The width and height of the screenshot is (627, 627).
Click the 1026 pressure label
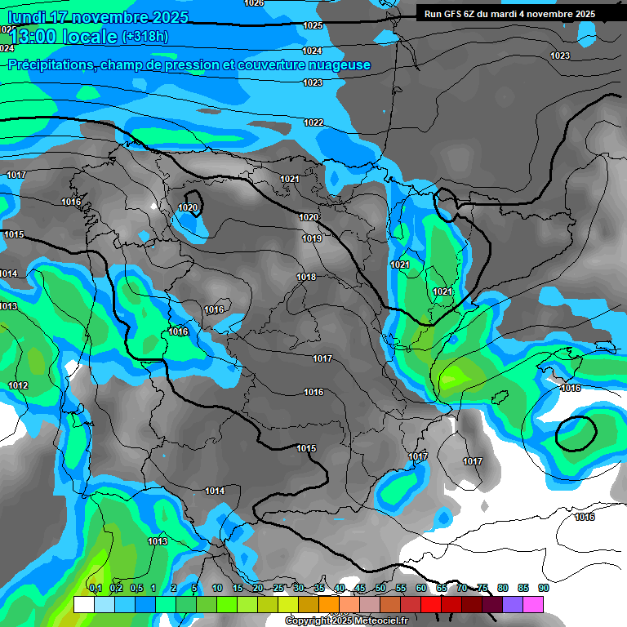click(255, 3)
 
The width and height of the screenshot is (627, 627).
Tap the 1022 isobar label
click(313, 122)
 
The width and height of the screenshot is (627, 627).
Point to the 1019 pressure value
click(312, 238)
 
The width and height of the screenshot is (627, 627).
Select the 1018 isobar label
click(306, 278)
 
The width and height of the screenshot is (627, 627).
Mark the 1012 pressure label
click(18, 385)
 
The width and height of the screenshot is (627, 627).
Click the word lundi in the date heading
click(24, 17)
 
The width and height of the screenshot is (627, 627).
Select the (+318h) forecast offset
click(145, 37)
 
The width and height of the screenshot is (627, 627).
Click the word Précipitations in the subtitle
click(51, 65)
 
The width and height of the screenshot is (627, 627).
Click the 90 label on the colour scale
click(543, 588)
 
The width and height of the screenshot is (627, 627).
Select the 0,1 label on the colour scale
click(95, 588)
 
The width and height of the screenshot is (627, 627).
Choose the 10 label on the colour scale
click(217, 588)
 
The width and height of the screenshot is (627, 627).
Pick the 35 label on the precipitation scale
click(319, 588)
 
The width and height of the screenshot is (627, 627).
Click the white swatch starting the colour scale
click(83, 604)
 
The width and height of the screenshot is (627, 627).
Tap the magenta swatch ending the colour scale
click(533, 604)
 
